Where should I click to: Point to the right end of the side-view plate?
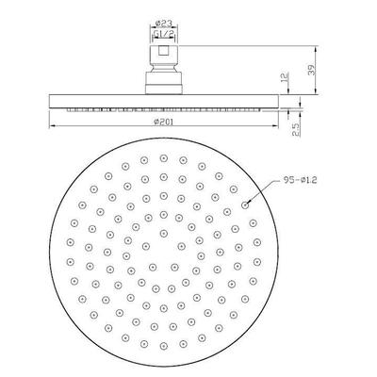[x=281, y=99]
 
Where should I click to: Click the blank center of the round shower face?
[x=163, y=248]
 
